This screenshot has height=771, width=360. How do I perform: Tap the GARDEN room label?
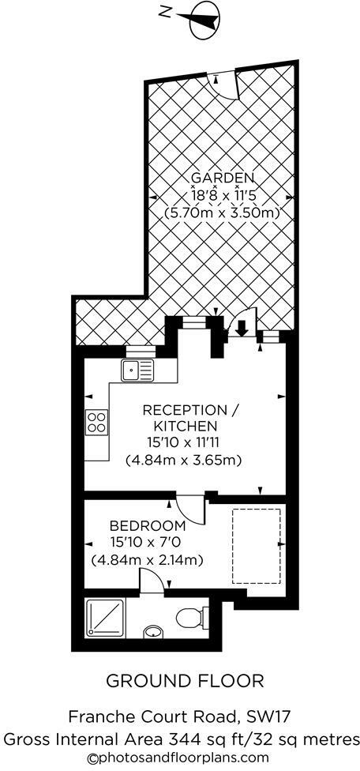[221, 177]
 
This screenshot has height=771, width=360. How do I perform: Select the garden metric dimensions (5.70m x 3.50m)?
[222, 212]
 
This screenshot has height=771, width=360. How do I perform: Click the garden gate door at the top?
[227, 83]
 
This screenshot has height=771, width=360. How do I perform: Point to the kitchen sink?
[138, 369]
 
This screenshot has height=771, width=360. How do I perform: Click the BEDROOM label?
[148, 525]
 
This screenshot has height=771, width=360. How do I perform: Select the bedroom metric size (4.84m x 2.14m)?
[148, 560]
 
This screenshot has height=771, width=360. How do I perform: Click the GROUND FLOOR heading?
[185, 681]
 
